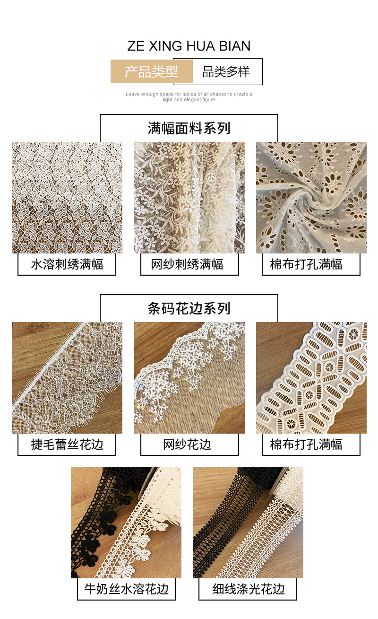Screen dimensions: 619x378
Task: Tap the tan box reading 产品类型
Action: point(152,72)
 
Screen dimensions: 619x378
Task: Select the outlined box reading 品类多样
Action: point(226,72)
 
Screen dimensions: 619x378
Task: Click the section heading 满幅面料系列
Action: point(189,128)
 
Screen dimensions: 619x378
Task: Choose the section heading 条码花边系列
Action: point(189,308)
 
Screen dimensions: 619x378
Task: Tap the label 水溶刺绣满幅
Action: point(67,264)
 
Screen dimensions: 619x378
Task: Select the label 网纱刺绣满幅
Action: point(189,264)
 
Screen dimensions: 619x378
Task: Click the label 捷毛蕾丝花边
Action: point(67,445)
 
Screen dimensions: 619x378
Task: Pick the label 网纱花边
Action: point(189,445)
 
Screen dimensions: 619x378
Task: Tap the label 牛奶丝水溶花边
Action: point(126,589)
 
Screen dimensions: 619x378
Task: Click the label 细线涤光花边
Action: point(248,589)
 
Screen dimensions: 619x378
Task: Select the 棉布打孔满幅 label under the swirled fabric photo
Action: point(311,264)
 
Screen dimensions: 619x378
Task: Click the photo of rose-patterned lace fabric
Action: point(67,198)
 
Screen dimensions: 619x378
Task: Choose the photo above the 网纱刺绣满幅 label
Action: point(189,198)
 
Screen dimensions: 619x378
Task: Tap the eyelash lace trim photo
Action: point(67,378)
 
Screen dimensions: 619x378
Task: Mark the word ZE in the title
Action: point(136,46)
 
